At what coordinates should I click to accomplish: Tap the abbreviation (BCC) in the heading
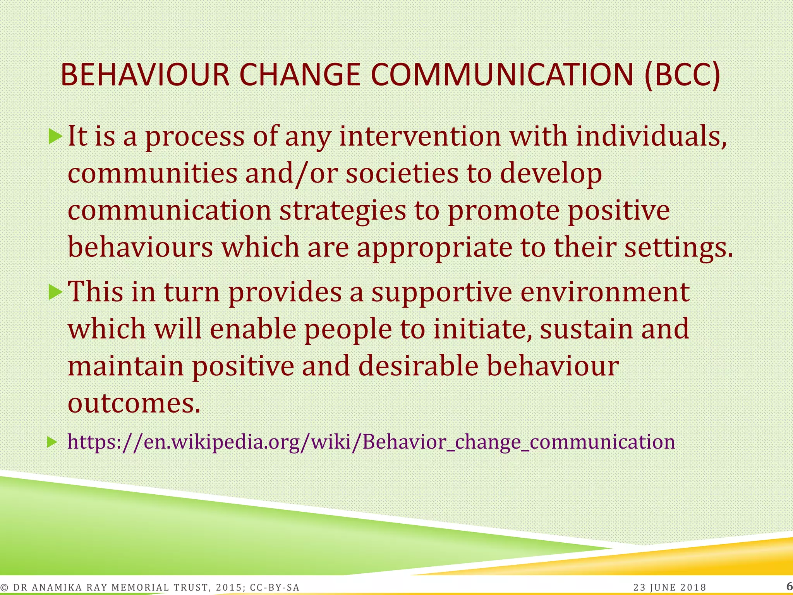[682, 75]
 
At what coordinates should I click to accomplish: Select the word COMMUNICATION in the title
[502, 75]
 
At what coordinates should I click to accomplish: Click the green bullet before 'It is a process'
[55, 136]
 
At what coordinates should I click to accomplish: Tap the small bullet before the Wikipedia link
[52, 442]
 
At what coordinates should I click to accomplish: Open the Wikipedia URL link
[371, 442]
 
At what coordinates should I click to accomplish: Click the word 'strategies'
[343, 211]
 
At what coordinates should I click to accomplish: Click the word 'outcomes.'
[134, 404]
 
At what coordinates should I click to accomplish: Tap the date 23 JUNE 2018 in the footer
[670, 587]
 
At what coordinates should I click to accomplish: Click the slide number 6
[789, 586]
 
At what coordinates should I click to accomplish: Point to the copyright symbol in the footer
[5, 588]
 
